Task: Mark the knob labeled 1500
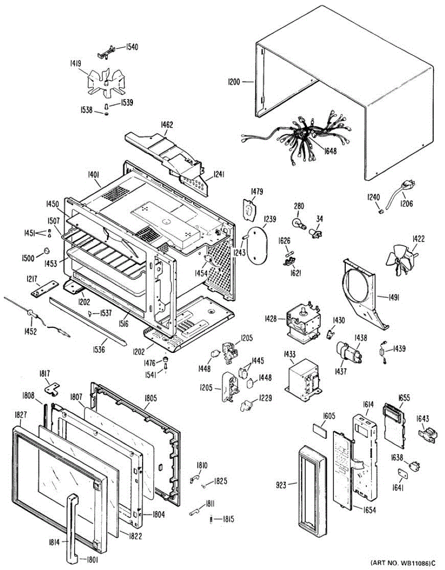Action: (x=47, y=250)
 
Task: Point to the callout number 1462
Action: (x=167, y=125)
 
